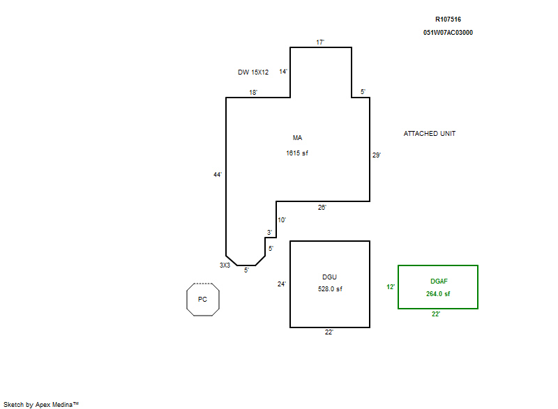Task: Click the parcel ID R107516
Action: coord(448,20)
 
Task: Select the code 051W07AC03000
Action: coord(448,33)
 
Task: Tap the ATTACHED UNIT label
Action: coord(430,134)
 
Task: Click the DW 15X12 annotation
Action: coord(253,72)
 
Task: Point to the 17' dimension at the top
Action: coord(320,43)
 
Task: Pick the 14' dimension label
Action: coord(283,72)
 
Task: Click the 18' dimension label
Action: coord(253,93)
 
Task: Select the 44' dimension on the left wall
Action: coord(218,174)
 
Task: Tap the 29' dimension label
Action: coord(377,155)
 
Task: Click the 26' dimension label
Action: coord(322,208)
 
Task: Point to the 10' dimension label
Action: coord(282,220)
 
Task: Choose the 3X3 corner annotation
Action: coord(225,265)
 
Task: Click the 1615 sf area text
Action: coord(297,153)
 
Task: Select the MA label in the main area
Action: coord(298,138)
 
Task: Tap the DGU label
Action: coord(329,277)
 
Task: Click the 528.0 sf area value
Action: coord(330,289)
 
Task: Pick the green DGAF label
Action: coord(439,281)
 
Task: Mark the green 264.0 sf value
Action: coord(438,294)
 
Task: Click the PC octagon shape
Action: coord(186,300)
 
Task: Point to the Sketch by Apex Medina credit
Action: coord(41,404)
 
